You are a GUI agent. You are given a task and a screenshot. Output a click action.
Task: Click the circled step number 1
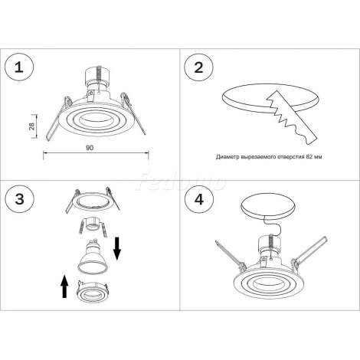pyautogui.click(x=19, y=67)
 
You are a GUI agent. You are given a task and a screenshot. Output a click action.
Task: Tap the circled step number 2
pyautogui.click(x=198, y=67)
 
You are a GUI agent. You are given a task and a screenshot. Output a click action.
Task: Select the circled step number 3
pyautogui.click(x=19, y=199)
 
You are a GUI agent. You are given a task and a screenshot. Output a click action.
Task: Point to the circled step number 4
pyautogui.click(x=198, y=199)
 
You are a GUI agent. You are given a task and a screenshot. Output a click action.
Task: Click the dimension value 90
pyautogui.click(x=90, y=148)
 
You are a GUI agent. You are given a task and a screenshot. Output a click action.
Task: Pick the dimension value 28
pyautogui.click(x=31, y=126)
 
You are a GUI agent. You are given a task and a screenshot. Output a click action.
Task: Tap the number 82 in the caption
pyautogui.click(x=309, y=157)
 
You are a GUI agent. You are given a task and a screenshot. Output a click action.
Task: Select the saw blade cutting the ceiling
pyautogui.click(x=291, y=117)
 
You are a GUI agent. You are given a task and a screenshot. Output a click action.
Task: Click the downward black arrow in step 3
pyautogui.click(x=117, y=248)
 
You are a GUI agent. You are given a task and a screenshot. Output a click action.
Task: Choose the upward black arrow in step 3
pyautogui.click(x=65, y=286)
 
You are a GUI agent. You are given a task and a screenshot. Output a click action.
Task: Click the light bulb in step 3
pyautogui.click(x=93, y=256)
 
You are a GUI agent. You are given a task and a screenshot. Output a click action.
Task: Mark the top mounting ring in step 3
pyautogui.click(x=93, y=201)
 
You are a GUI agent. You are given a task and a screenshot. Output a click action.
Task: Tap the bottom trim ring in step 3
pyautogui.click(x=93, y=290)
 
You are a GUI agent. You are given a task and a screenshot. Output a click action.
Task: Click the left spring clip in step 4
pyautogui.click(x=230, y=255)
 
